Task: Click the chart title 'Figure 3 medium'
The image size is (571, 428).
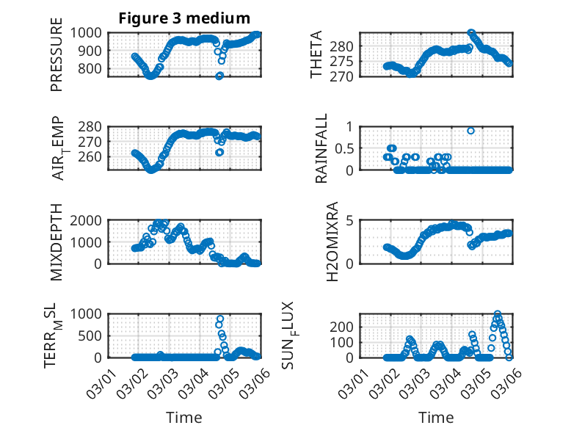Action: pos(184,18)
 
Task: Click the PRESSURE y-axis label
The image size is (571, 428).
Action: pos(57,59)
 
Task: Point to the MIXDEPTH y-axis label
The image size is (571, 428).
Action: pos(57,243)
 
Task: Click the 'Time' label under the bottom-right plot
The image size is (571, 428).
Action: pos(436,417)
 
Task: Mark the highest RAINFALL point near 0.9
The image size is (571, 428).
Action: pos(470,131)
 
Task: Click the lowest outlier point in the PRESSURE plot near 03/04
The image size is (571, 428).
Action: pos(219,76)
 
